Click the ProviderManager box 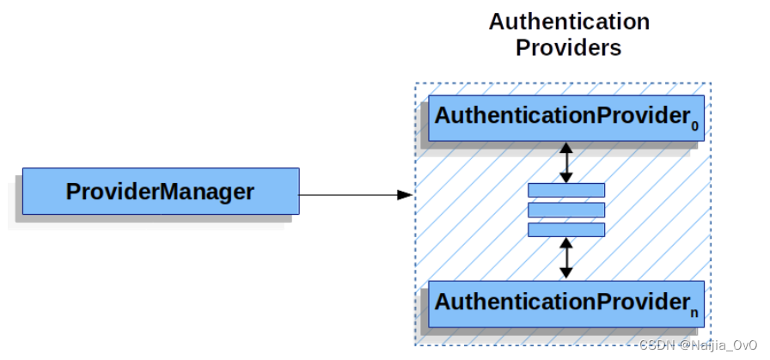click(x=160, y=191)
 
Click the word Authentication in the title click(x=569, y=21)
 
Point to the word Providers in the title click(x=568, y=47)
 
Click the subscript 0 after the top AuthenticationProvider click(x=694, y=125)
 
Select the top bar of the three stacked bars click(x=565, y=190)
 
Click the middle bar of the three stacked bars click(x=565, y=210)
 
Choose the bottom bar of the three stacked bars click(x=565, y=229)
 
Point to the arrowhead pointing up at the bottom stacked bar click(x=565, y=243)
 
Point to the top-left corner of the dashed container click(x=415, y=83)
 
